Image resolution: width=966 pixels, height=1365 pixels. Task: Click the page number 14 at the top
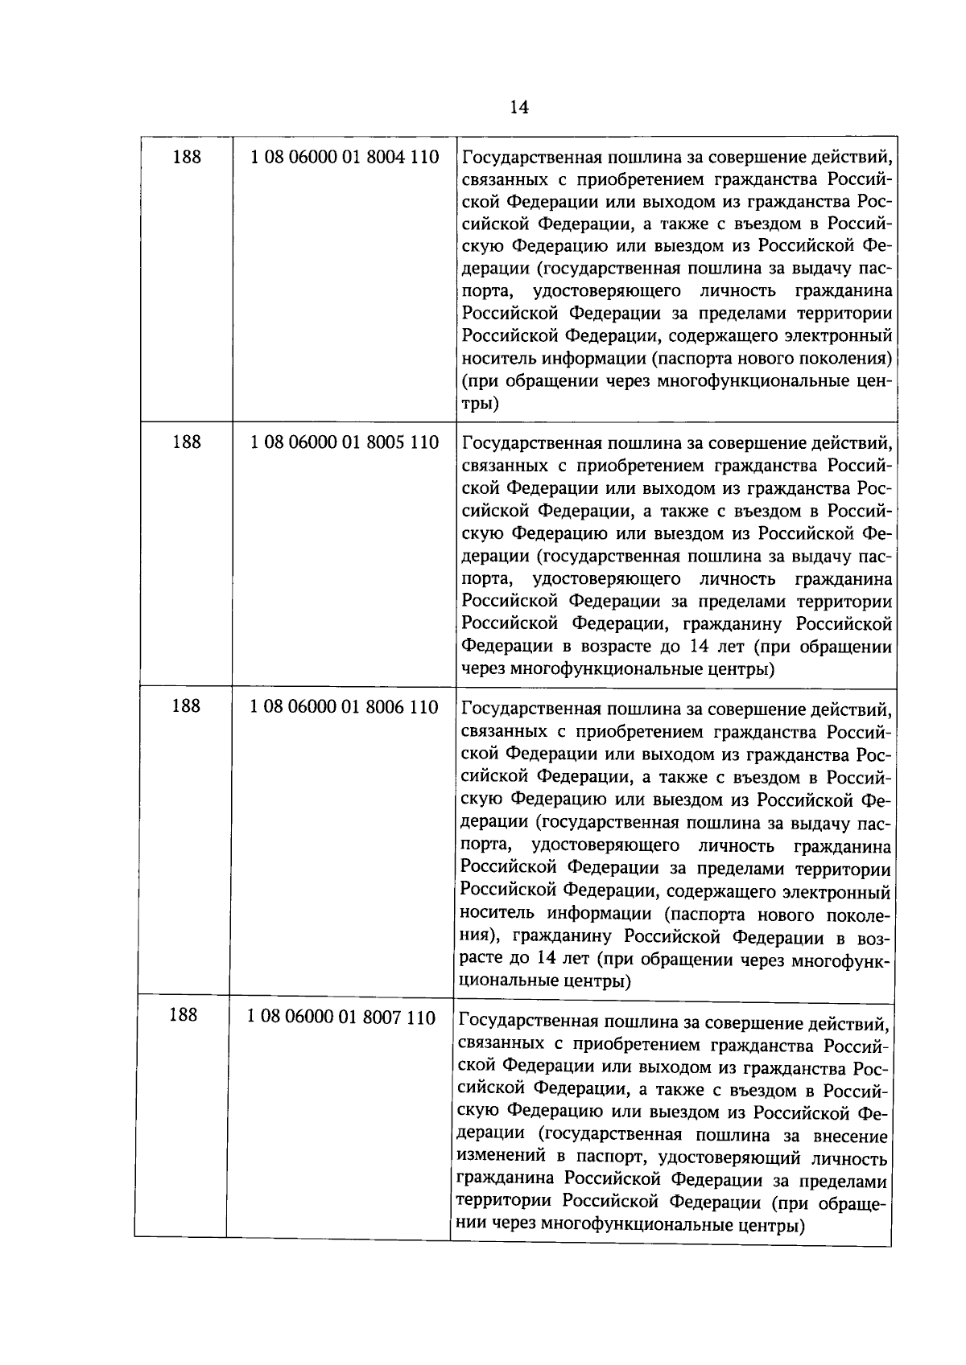coord(519,108)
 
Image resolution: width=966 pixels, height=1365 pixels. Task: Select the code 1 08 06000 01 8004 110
coord(345,157)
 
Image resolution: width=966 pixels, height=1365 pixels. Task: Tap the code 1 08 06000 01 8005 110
coord(345,442)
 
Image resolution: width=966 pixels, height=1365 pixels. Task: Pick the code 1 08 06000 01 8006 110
coord(344,707)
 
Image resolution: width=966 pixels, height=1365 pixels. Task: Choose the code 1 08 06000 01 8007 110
coord(341,1018)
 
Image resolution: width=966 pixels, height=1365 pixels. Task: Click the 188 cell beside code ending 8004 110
coord(187,157)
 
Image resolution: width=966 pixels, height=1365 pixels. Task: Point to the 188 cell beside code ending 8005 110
coord(187,442)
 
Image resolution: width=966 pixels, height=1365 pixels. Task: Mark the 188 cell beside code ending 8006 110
coord(186,706)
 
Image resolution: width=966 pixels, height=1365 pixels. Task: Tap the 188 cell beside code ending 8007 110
coord(184,1015)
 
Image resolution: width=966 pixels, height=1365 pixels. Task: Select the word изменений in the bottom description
coord(497,1159)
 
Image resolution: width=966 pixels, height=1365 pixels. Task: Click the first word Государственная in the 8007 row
coord(528,1023)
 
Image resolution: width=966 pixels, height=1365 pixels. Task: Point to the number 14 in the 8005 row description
coord(691,647)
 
